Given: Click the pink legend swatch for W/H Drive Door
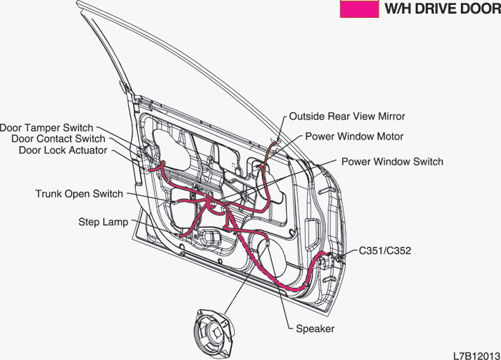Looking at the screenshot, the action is [359, 9].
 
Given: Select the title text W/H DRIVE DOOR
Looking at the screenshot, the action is [442, 9].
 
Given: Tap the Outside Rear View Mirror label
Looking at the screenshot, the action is [347, 116].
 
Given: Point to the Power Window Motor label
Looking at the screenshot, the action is [354, 137].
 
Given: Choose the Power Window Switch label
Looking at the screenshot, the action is [392, 161].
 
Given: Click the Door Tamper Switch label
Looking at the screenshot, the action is [47, 128].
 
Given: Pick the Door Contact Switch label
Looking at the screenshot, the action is [58, 139].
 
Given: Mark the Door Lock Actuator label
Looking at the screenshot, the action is [63, 150].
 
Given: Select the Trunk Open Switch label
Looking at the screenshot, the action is [79, 193].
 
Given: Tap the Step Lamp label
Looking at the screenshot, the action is [103, 222].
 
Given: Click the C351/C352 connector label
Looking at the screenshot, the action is [385, 250].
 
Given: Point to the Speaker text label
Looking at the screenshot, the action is [315, 329].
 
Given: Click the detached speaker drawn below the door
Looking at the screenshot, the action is [215, 333].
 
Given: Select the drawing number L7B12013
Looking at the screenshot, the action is [477, 356].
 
